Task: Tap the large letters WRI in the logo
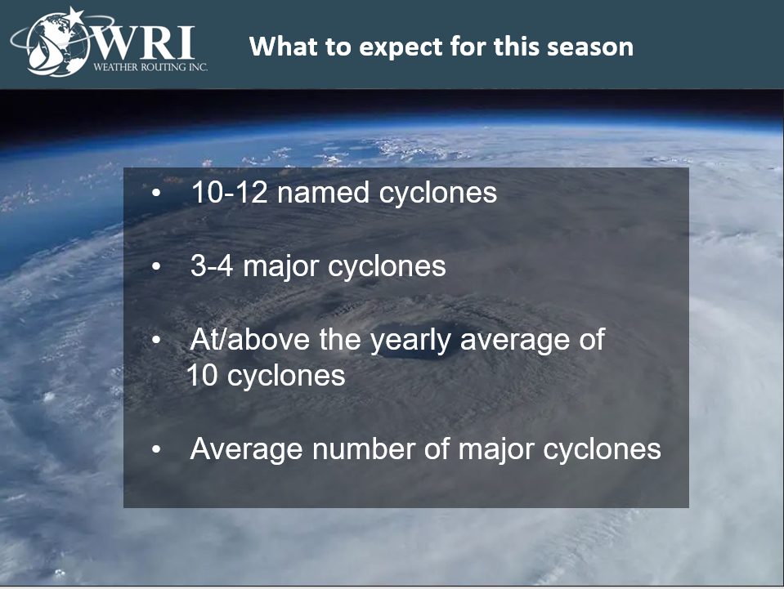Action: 144,43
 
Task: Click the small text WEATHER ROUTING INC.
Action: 150,67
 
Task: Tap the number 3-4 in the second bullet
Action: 212,265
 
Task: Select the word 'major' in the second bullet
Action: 281,268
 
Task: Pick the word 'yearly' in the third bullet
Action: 410,341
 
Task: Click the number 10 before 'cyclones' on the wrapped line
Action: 203,375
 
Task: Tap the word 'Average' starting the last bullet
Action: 246,448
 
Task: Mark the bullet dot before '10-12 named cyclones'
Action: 156,193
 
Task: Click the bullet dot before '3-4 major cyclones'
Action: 156,267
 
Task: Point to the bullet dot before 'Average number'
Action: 156,449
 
